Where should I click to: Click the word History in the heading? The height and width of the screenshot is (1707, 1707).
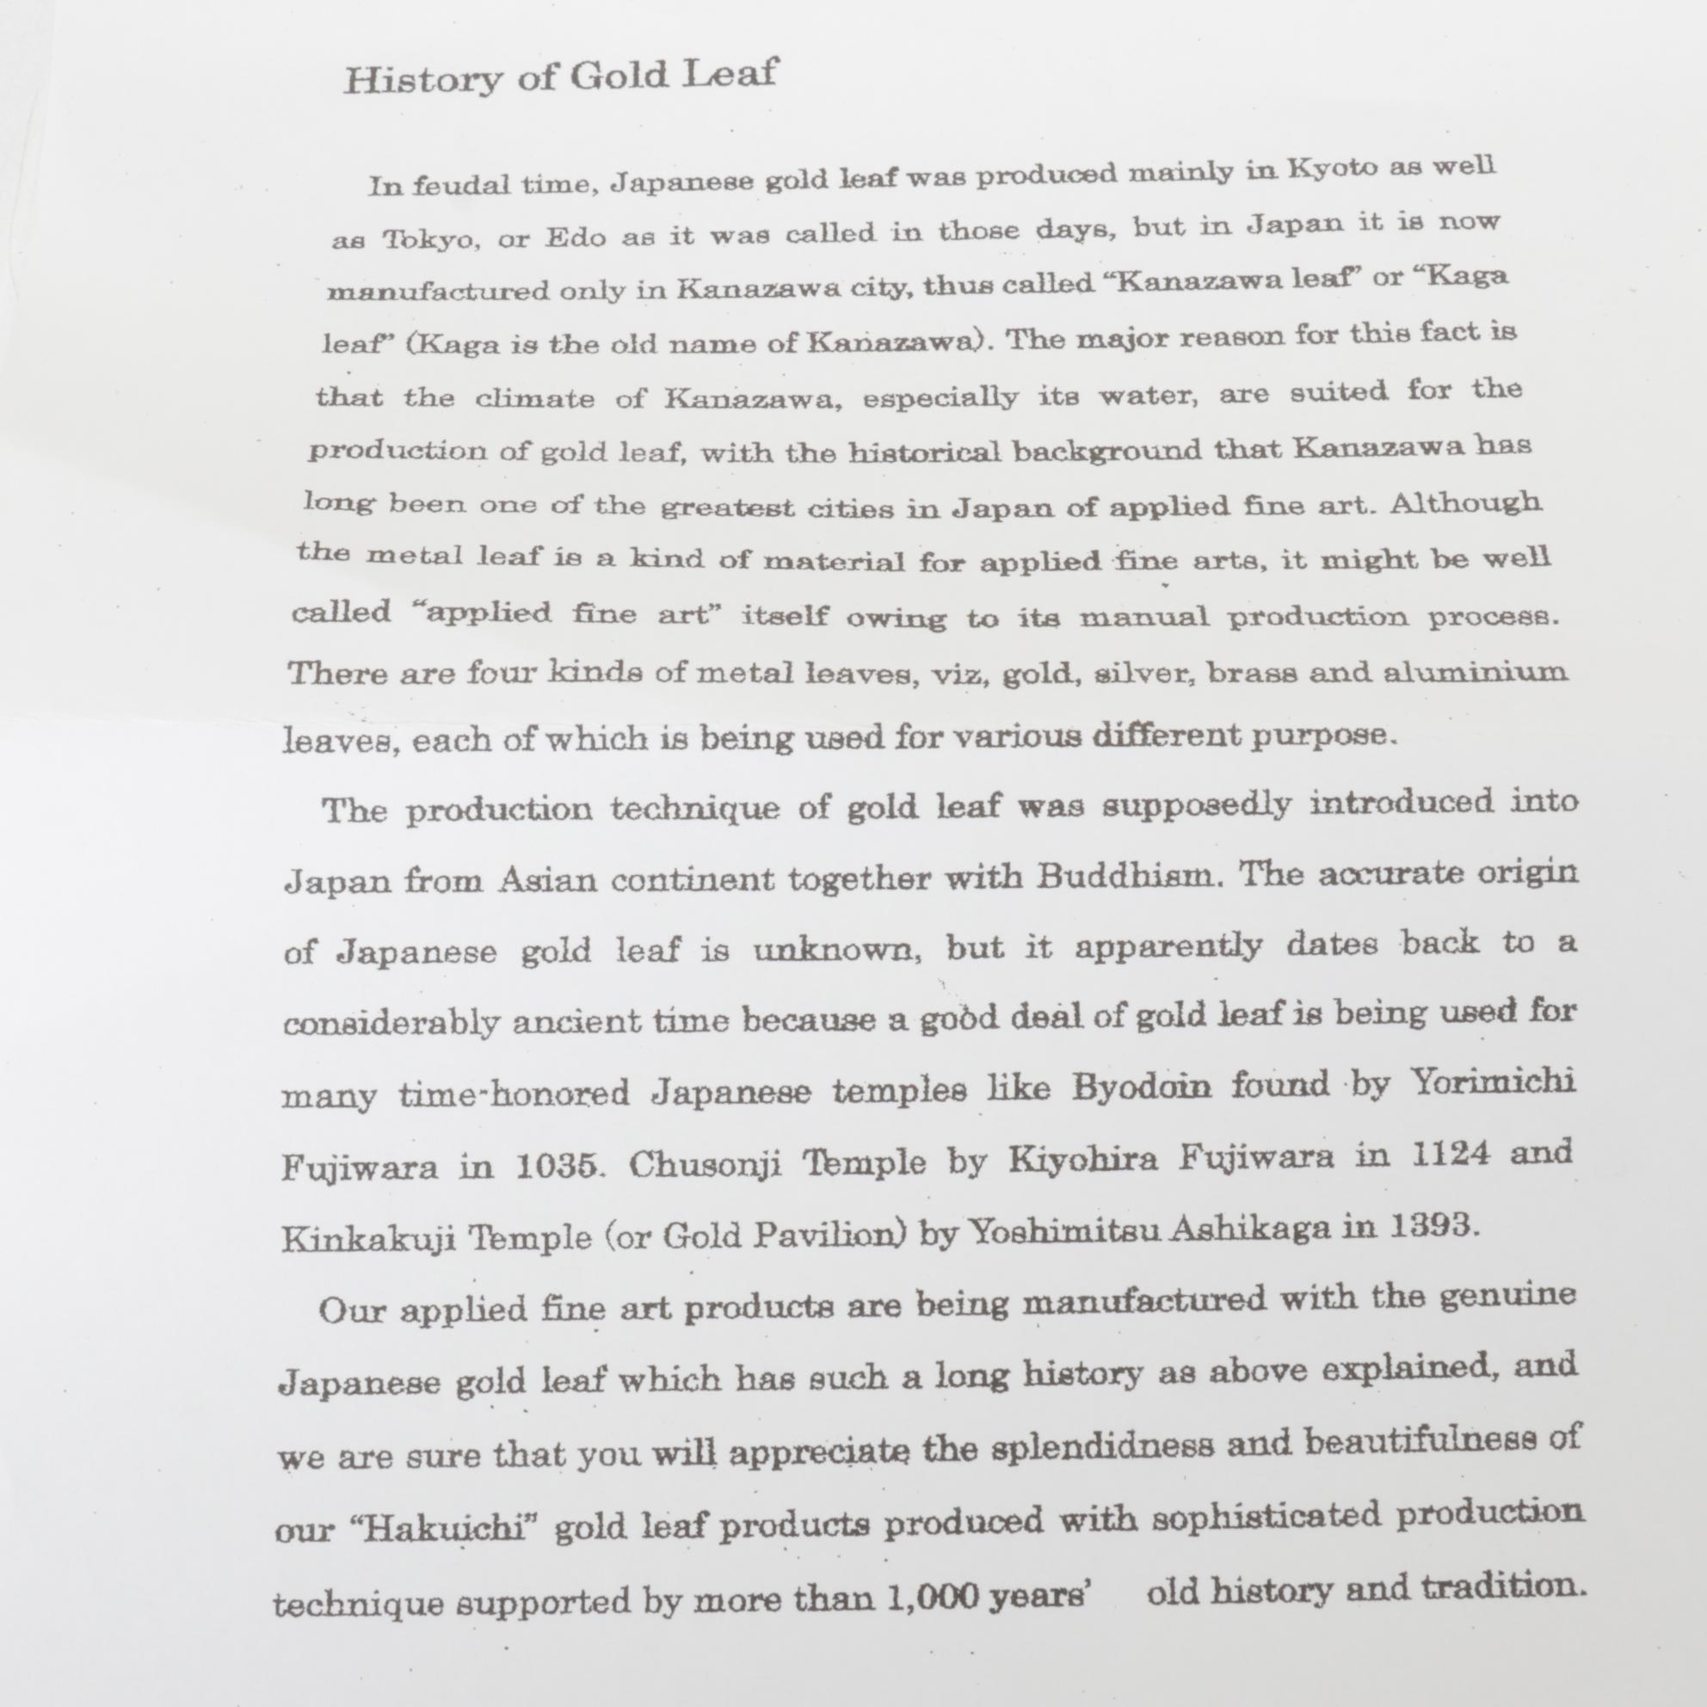(x=422, y=79)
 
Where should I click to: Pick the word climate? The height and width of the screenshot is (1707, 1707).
(x=534, y=397)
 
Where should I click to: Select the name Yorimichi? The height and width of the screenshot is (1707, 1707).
(x=1492, y=1082)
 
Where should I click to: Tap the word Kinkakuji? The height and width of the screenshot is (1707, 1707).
(x=367, y=1239)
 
